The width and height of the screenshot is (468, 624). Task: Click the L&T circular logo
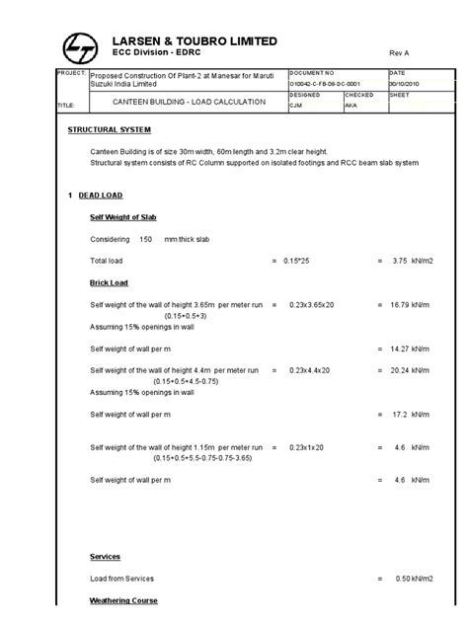[78, 44]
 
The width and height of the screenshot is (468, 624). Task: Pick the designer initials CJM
[296, 107]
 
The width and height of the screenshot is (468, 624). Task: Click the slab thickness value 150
[145, 239]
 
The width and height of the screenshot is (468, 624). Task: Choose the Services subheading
[105, 557]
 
